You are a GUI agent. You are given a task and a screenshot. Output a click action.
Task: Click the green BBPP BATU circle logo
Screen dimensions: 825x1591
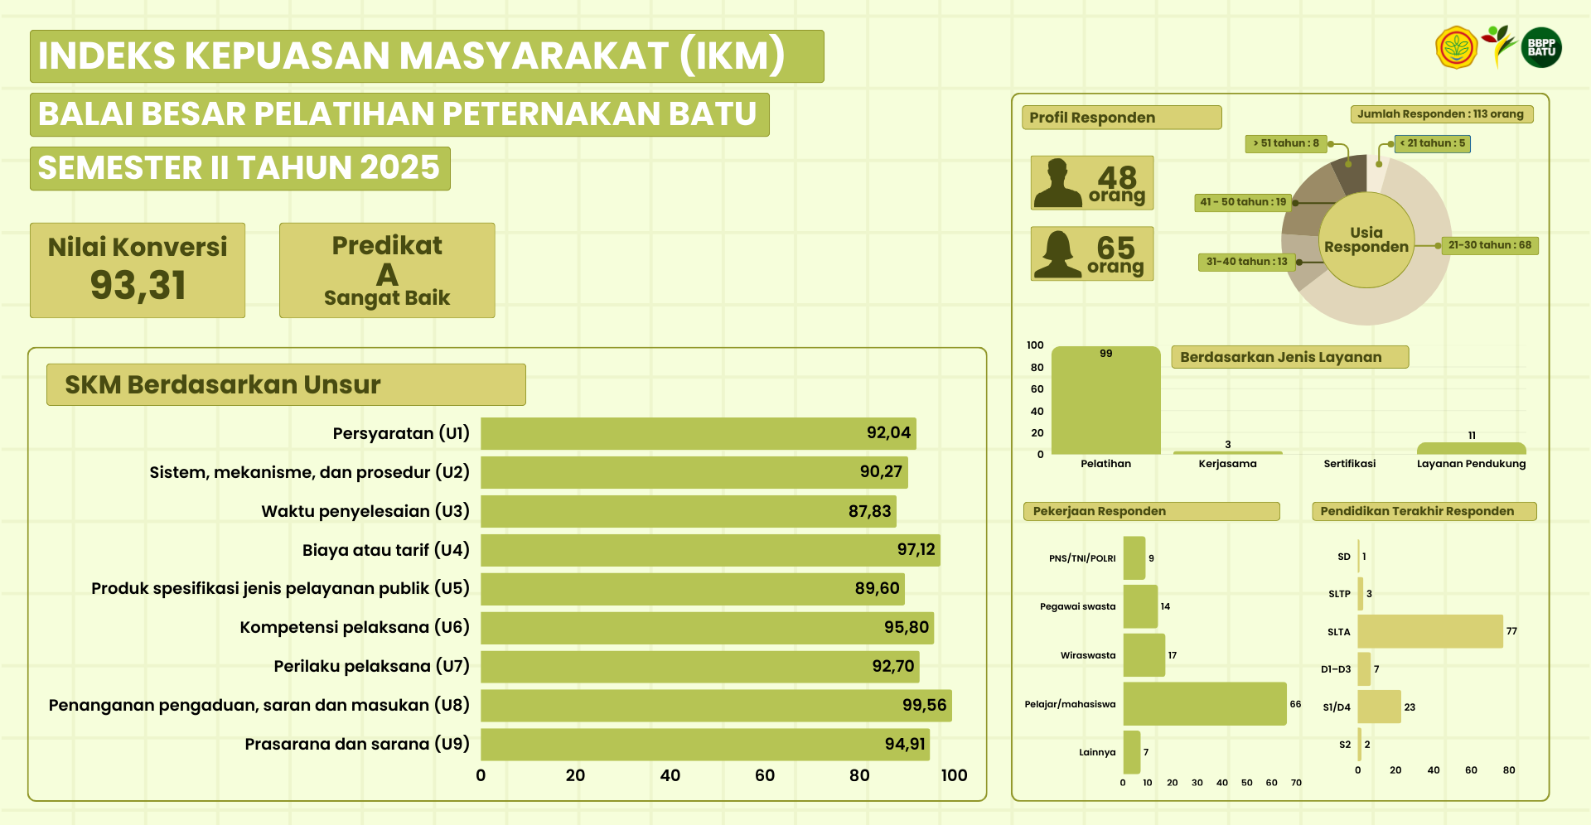(1541, 47)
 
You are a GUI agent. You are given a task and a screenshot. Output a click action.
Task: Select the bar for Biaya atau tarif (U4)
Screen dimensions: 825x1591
(710, 550)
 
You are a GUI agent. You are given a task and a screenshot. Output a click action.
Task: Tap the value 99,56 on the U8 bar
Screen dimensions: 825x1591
(924, 705)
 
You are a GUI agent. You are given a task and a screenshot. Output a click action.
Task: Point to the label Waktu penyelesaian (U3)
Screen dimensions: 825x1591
(365, 511)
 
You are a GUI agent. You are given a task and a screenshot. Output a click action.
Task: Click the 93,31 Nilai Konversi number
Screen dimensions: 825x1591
(138, 285)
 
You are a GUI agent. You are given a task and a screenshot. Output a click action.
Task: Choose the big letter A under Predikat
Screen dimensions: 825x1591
(387, 274)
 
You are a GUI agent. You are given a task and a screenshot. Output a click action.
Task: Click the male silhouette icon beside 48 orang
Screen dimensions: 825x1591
(1058, 183)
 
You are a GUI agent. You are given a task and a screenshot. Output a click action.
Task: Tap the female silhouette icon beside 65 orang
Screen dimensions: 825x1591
(1057, 253)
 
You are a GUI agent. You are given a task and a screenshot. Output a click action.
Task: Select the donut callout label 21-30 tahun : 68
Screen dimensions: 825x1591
(1489, 245)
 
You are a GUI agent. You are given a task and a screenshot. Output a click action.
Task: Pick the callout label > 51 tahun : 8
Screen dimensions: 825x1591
(1286, 143)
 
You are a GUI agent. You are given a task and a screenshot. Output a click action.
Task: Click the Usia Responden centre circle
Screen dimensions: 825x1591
(1366, 240)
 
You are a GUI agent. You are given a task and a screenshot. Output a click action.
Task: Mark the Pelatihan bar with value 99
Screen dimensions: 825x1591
(1105, 402)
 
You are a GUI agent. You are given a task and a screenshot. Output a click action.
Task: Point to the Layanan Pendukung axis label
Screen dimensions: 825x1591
(1471, 464)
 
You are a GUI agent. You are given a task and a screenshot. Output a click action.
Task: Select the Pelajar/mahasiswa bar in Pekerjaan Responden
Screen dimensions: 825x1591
(1204, 704)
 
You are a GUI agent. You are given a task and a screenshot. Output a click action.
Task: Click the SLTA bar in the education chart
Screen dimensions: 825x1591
(1429, 631)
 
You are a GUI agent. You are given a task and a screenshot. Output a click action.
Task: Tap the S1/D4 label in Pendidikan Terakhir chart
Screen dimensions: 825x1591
(1337, 707)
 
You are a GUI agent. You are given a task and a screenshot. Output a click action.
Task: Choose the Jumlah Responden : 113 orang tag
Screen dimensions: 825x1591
(1441, 114)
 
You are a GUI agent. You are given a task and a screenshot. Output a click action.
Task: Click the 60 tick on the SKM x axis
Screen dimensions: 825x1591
(765, 775)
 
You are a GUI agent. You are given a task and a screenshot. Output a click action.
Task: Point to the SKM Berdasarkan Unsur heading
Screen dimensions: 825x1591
(223, 384)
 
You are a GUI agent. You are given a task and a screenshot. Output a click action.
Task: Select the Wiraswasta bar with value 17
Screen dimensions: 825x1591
(1144, 655)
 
